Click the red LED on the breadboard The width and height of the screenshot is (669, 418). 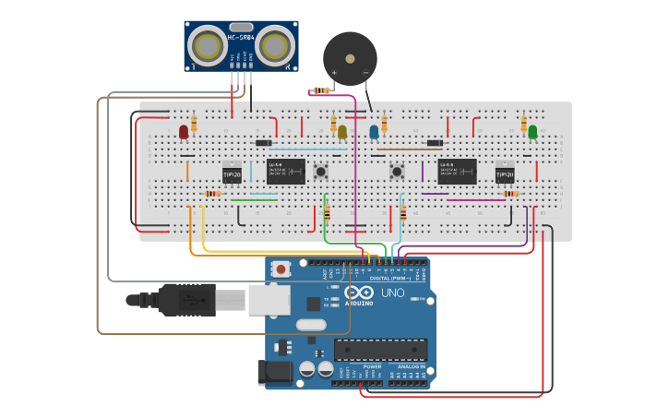click(184, 132)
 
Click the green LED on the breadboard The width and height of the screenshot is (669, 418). click(532, 132)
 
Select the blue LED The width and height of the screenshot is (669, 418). click(374, 132)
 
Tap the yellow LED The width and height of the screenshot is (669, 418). click(342, 132)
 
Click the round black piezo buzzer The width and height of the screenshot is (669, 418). click(350, 58)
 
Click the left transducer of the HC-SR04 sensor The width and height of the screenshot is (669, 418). click(209, 46)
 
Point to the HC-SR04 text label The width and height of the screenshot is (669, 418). click(241, 36)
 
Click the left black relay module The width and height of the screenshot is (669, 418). click(286, 171)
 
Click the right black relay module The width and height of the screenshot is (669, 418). click(457, 171)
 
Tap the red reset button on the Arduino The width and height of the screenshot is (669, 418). click(281, 269)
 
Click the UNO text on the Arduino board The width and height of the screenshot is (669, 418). click(392, 293)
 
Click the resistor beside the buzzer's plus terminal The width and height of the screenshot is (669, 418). click(321, 90)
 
